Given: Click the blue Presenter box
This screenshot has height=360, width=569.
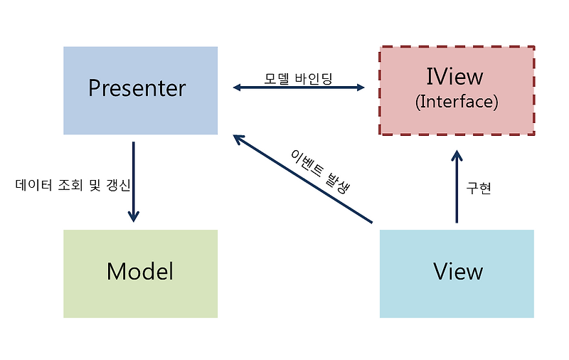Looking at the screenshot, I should click(140, 114).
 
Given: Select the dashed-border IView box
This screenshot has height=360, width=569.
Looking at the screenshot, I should click(457, 121).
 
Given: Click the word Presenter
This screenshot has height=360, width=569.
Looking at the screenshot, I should click(137, 88).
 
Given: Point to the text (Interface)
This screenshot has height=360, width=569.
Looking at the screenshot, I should click(457, 102).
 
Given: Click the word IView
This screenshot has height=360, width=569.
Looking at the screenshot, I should click(454, 77).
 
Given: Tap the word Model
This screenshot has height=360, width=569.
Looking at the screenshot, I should click(139, 271).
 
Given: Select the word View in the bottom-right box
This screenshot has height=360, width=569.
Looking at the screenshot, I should click(457, 271).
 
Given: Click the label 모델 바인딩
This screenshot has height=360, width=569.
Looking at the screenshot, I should click(298, 77).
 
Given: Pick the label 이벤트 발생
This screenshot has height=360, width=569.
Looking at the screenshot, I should click(321, 169).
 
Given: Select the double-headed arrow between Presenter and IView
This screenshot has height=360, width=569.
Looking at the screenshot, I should click(299, 88).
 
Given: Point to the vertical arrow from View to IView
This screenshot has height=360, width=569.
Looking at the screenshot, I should click(457, 189).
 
